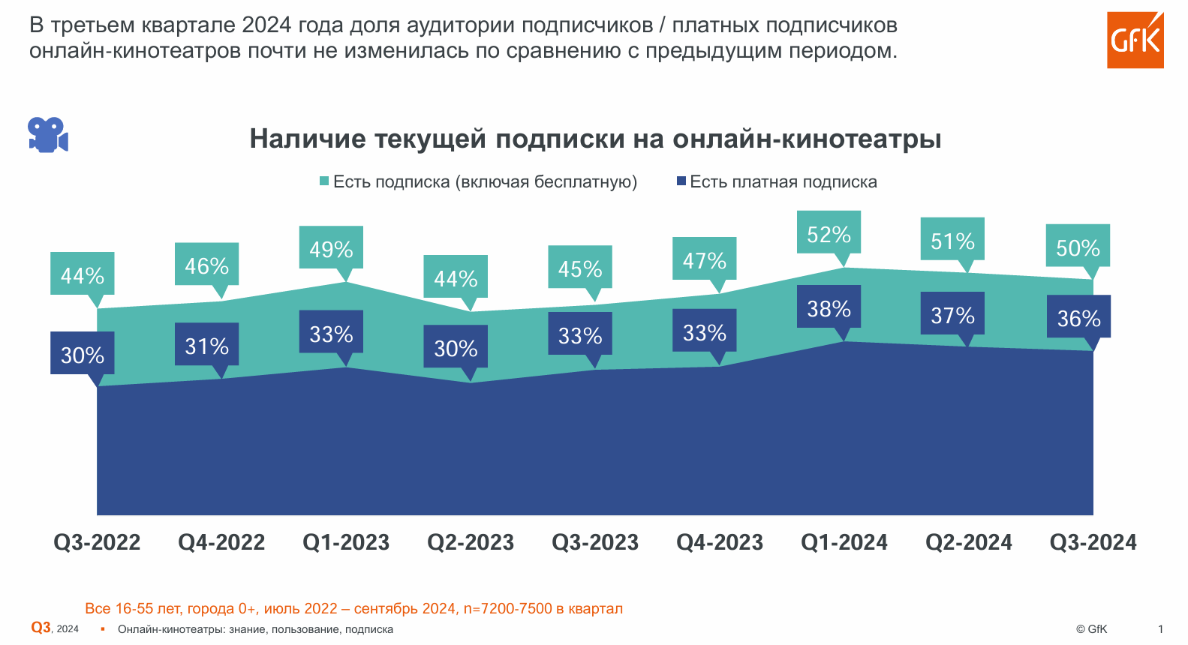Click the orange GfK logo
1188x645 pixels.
(x=1135, y=40)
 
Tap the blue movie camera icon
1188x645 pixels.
(x=48, y=135)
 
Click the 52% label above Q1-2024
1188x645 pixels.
(x=829, y=235)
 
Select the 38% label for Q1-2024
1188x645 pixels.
(x=829, y=308)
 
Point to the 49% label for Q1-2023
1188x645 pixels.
(x=331, y=249)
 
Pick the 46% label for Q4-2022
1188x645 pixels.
(x=206, y=265)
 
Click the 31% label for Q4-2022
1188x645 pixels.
(x=206, y=346)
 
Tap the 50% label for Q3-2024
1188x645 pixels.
(x=1078, y=247)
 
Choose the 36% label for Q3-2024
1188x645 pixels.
(x=1078, y=318)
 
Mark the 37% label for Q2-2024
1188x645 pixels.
(x=952, y=315)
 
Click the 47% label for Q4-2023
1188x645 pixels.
(x=704, y=260)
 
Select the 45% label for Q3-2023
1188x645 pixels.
(x=579, y=268)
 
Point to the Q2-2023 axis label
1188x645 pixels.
(x=471, y=542)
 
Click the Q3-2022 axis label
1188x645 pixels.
(x=97, y=542)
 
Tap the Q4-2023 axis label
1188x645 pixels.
(x=720, y=542)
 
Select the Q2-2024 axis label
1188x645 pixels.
(x=969, y=542)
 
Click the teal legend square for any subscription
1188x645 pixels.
(x=324, y=181)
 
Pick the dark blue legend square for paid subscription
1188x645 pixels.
(x=681, y=181)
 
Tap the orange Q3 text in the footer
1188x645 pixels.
(x=41, y=628)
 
